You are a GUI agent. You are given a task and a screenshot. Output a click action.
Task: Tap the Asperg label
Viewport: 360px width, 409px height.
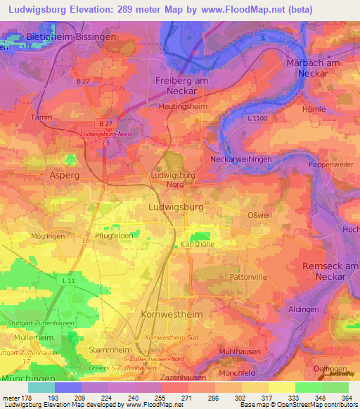click(64, 174)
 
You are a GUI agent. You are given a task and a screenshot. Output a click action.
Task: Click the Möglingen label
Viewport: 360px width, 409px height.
click(49, 236)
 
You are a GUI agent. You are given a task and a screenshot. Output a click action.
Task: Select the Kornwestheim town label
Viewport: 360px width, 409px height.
click(172, 313)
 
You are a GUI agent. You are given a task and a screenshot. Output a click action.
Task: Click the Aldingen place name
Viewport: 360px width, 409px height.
click(302, 309)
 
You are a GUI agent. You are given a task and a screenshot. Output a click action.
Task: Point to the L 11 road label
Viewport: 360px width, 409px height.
click(68, 281)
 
